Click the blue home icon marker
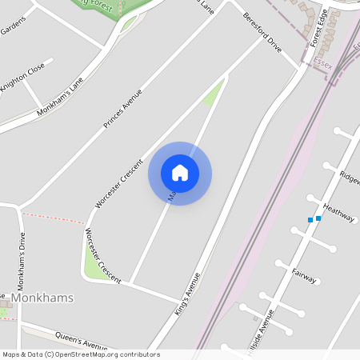[180, 173]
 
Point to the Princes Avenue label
[122, 110]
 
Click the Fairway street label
[305, 275]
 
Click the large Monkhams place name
[44, 298]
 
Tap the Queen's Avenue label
[81, 340]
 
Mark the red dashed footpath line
[53, 218]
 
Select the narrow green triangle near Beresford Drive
[212, 94]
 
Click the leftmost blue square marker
[310, 220]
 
